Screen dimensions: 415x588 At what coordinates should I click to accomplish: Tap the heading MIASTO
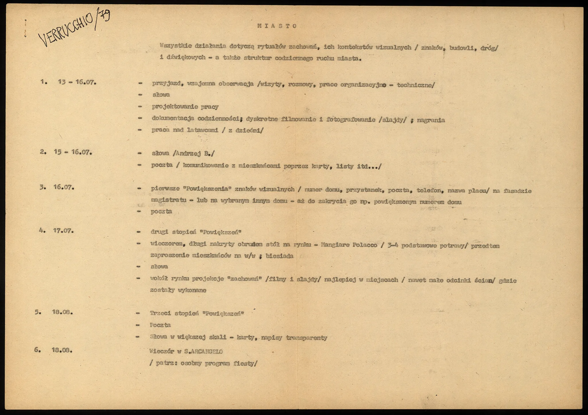277,26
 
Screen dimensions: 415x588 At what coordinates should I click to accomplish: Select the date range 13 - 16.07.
77,82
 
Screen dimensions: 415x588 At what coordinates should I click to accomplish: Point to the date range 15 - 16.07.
73,152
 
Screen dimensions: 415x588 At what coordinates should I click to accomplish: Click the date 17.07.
63,230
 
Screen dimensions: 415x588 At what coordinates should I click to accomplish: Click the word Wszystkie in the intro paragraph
176,46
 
